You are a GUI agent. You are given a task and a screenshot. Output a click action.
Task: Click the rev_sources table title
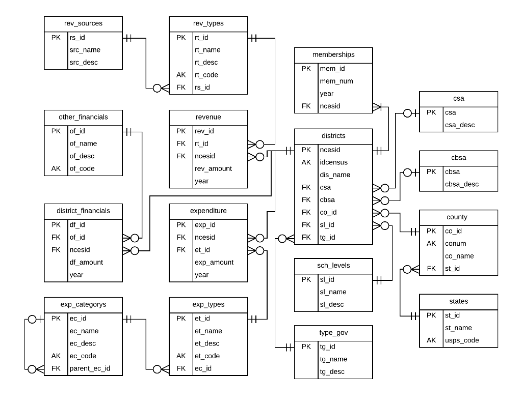tap(83, 23)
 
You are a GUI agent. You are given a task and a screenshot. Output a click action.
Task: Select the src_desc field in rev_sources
tap(84, 62)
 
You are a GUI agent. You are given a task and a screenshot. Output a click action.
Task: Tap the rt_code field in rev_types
tap(206, 75)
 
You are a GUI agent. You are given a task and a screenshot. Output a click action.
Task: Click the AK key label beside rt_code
tap(181, 75)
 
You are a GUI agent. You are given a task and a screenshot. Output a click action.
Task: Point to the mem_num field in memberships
tap(336, 81)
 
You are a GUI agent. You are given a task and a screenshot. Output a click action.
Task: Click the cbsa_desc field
tap(461, 184)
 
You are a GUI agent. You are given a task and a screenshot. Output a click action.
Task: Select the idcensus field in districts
tap(333, 162)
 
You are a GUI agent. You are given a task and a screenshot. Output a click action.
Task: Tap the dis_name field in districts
tap(335, 175)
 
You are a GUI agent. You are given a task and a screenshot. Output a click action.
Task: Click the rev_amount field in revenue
tap(213, 168)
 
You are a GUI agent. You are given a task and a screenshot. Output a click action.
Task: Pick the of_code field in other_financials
tap(82, 168)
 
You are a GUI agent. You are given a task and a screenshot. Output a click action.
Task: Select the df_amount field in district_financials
tap(86, 262)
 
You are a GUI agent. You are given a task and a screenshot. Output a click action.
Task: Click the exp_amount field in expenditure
tap(214, 262)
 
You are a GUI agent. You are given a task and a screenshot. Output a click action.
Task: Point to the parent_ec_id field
tap(89, 368)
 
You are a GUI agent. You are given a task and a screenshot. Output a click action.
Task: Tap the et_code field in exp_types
tap(207, 356)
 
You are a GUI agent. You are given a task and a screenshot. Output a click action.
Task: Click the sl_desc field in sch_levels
tap(332, 304)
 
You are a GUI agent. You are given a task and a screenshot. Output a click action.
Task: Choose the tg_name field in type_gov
tap(333, 359)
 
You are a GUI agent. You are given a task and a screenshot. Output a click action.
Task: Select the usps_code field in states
tap(462, 340)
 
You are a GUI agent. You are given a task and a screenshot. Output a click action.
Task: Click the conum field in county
tap(455, 243)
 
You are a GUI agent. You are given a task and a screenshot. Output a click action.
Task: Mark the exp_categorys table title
tap(83, 304)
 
